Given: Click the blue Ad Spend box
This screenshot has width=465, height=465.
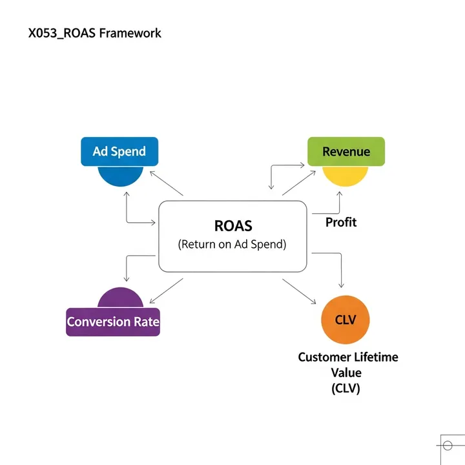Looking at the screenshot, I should pyautogui.click(x=119, y=151).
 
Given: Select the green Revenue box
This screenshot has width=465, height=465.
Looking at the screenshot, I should pyautogui.click(x=346, y=151).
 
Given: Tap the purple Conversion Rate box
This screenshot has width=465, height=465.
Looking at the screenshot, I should pyautogui.click(x=112, y=322).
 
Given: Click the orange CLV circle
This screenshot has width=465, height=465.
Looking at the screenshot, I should pyautogui.click(x=346, y=320).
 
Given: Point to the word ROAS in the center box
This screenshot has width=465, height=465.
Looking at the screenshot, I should pyautogui.click(x=232, y=226).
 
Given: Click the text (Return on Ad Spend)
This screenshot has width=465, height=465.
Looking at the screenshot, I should pyautogui.click(x=232, y=245).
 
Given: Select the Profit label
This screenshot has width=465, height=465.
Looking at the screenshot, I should pyautogui.click(x=341, y=222).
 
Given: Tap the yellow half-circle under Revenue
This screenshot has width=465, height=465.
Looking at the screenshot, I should pyautogui.click(x=346, y=176).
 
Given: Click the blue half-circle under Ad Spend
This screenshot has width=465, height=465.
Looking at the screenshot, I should pyautogui.click(x=119, y=176).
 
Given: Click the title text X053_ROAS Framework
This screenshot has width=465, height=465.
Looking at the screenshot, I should pyautogui.click(x=95, y=32).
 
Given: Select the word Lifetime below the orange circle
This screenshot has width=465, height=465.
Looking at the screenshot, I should pyautogui.click(x=376, y=357).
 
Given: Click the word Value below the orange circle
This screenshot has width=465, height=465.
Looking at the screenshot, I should pyautogui.click(x=346, y=373).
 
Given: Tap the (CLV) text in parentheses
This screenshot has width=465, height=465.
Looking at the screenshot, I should pyautogui.click(x=346, y=388).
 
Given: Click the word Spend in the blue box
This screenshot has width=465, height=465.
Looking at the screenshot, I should pyautogui.click(x=129, y=151).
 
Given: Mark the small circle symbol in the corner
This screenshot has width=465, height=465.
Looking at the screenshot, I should pyautogui.click(x=446, y=445).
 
